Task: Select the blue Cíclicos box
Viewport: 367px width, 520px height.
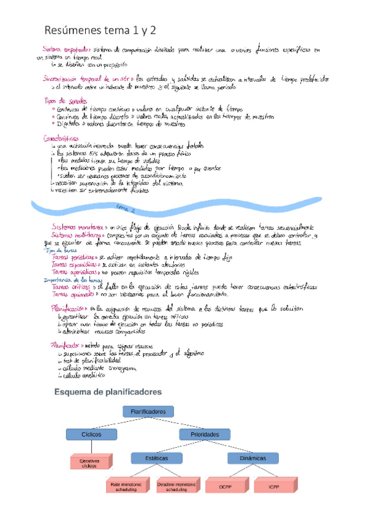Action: (x=91, y=434)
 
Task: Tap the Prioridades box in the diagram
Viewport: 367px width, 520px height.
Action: (x=205, y=434)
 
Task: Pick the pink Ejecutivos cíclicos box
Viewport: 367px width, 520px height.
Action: (x=90, y=463)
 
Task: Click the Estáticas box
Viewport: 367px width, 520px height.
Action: (x=156, y=458)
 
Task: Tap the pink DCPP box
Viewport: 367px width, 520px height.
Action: (x=227, y=487)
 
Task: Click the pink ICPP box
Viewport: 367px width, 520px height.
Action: (x=274, y=487)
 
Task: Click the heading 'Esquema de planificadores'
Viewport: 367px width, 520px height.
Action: (x=108, y=391)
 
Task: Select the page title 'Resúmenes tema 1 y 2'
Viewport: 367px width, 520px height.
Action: (x=100, y=29)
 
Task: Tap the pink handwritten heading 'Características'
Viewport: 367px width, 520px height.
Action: (x=64, y=139)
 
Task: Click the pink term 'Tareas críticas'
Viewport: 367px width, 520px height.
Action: (x=69, y=286)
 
